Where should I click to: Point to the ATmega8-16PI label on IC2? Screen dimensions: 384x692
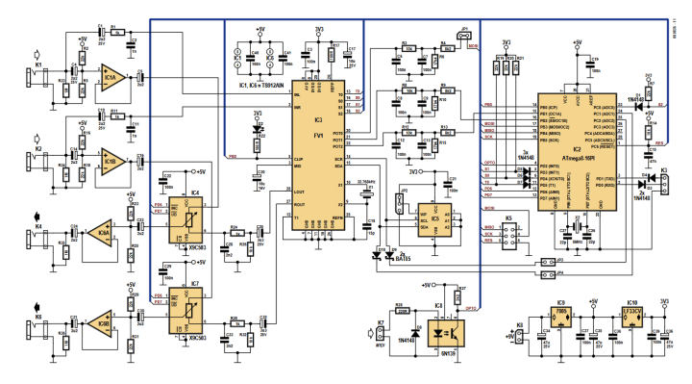pos(576,151)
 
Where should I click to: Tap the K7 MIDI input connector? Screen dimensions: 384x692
pos(382,332)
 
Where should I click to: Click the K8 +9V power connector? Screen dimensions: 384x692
pos(520,335)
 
